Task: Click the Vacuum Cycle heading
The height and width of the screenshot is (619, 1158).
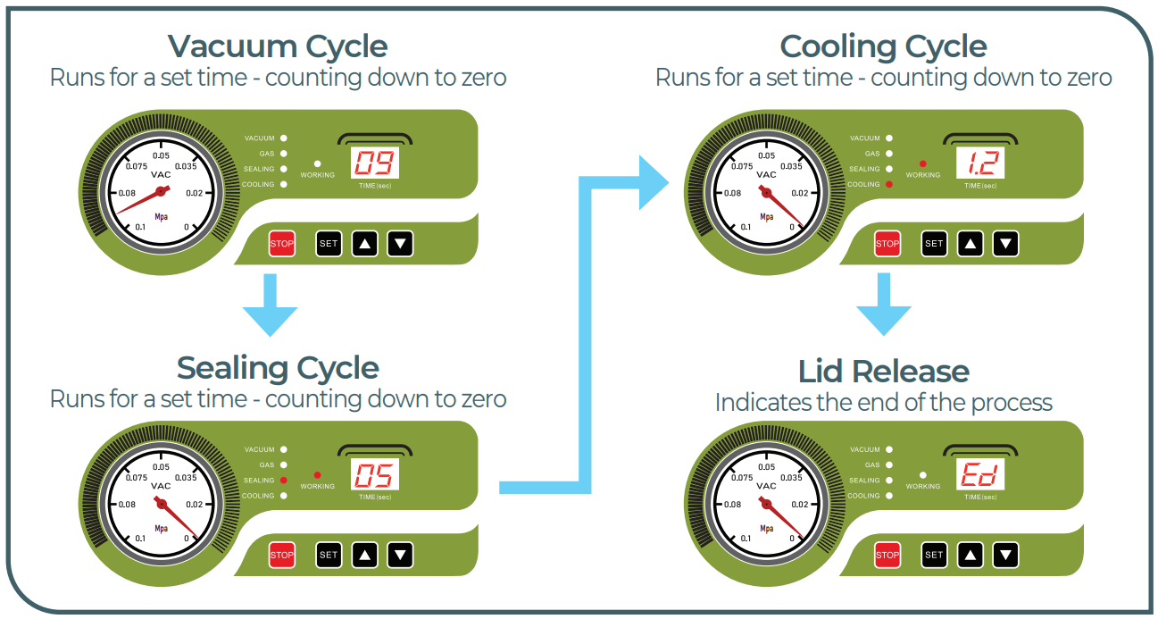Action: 278,46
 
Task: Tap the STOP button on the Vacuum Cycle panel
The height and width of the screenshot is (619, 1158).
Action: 282,244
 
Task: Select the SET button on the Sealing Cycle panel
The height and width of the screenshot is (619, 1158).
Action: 329,555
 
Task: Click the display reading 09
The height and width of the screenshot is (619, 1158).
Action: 375,163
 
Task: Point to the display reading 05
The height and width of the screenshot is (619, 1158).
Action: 375,475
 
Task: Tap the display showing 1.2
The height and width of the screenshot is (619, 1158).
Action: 980,163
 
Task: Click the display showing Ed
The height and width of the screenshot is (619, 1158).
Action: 980,475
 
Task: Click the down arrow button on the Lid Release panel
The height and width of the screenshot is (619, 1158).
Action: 1006,555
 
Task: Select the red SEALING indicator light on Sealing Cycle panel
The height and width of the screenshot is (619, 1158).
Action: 284,481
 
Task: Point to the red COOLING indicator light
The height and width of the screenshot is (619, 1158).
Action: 889,184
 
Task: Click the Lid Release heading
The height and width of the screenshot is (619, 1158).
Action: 883,372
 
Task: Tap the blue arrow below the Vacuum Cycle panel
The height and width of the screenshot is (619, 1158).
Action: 270,304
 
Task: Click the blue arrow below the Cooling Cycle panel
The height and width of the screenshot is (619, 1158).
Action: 883,304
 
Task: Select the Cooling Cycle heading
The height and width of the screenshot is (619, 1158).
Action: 883,46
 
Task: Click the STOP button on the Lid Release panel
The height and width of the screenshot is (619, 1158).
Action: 887,555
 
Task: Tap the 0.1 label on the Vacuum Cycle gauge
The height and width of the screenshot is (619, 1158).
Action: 140,228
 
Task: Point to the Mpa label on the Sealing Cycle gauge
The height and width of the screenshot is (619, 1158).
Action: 162,528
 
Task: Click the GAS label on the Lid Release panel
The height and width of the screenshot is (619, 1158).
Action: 871,465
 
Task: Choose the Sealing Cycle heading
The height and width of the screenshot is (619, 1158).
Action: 278,368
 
